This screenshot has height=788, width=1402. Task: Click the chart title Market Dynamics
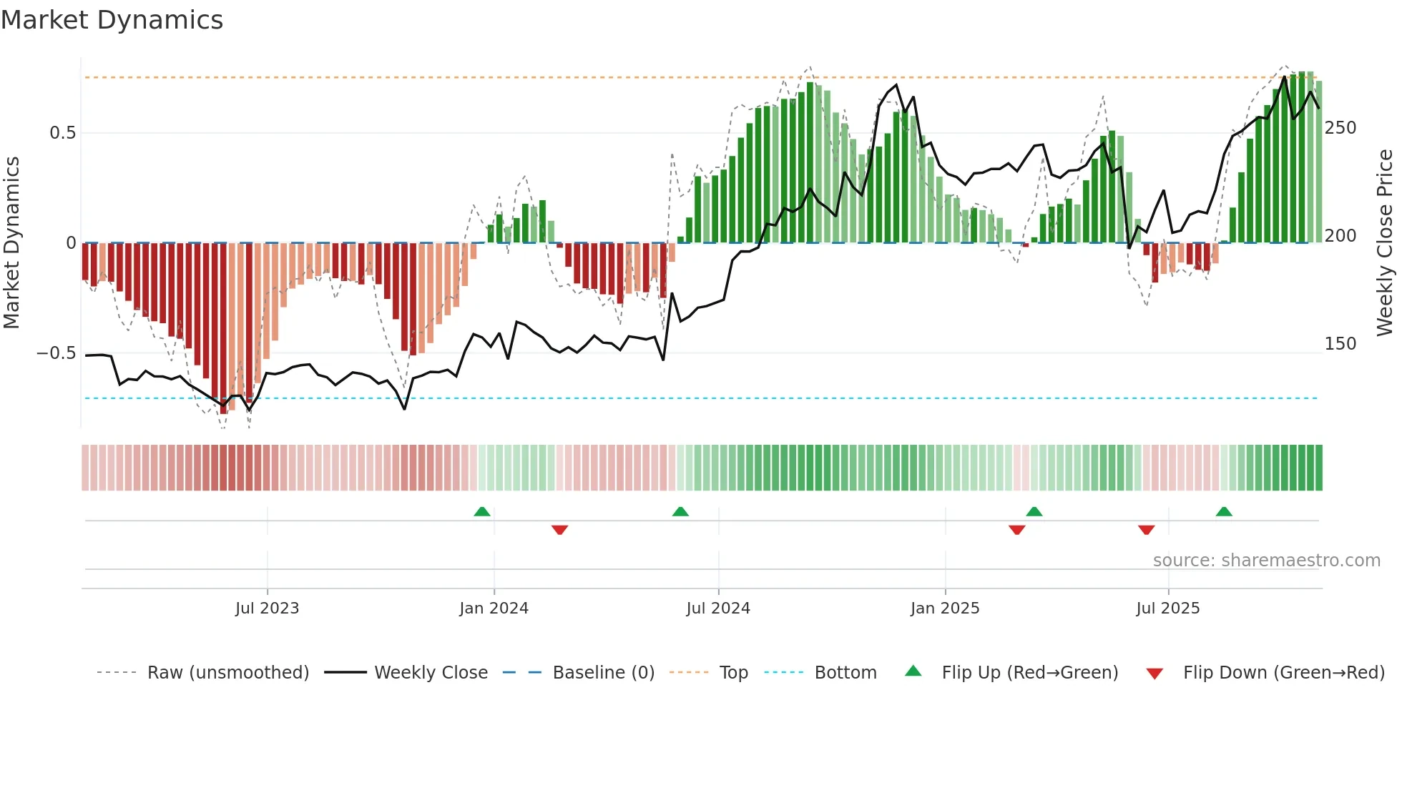click(112, 20)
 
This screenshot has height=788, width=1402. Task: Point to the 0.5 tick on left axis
click(62, 133)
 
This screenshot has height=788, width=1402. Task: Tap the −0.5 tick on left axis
click(56, 353)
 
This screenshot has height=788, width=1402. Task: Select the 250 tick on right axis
click(1340, 128)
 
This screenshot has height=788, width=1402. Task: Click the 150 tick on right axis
click(1340, 344)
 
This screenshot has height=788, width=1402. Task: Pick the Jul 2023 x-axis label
click(267, 609)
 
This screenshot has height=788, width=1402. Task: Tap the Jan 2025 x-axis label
click(944, 609)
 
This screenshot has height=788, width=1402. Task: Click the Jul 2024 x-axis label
click(717, 609)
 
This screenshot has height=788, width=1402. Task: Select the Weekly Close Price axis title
click(1385, 243)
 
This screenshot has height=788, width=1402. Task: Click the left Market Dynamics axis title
click(11, 243)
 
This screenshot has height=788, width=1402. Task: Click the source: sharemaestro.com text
click(1266, 561)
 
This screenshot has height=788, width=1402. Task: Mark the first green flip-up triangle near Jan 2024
click(482, 512)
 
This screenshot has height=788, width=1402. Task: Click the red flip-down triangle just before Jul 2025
click(1146, 530)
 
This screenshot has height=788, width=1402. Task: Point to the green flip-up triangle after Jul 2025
click(1224, 512)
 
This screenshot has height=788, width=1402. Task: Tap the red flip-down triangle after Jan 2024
click(559, 530)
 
